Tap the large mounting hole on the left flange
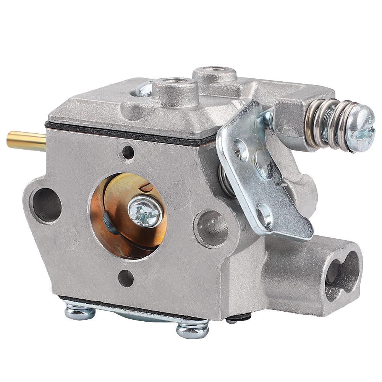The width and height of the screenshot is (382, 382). [47, 204]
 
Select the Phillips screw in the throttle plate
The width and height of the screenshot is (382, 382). [145, 212]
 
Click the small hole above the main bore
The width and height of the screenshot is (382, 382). [128, 152]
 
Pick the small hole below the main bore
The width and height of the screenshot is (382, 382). [126, 278]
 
